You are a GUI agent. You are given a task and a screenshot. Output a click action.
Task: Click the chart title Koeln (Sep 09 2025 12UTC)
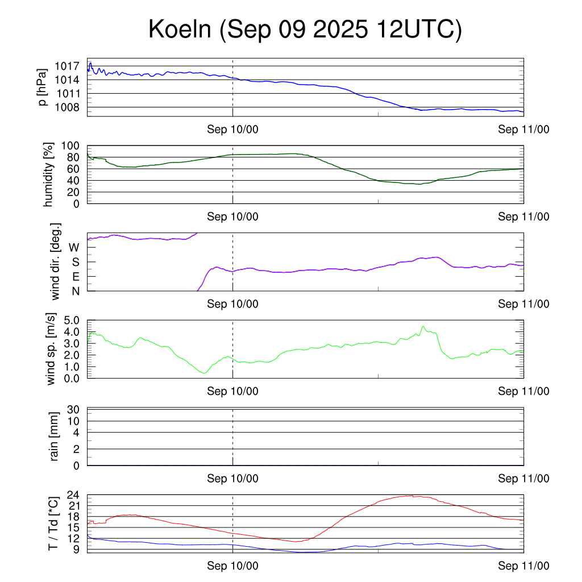305,30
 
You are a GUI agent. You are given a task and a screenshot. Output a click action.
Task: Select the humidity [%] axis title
49,174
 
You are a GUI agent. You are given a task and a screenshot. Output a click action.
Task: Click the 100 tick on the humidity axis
73,146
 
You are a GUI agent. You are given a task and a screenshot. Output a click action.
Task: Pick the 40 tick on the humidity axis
76,181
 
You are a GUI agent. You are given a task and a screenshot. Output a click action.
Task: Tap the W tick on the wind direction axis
74,247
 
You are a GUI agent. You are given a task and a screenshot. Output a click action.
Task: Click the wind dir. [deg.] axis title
56,261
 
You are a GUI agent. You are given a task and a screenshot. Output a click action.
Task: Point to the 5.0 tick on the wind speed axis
71,320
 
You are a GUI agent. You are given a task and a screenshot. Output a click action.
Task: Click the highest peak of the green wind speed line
423,327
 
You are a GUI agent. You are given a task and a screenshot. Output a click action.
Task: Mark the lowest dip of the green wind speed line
205,373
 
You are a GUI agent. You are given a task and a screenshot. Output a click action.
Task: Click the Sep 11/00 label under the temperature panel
523,566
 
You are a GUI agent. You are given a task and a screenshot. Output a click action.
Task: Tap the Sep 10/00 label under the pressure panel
232,130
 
